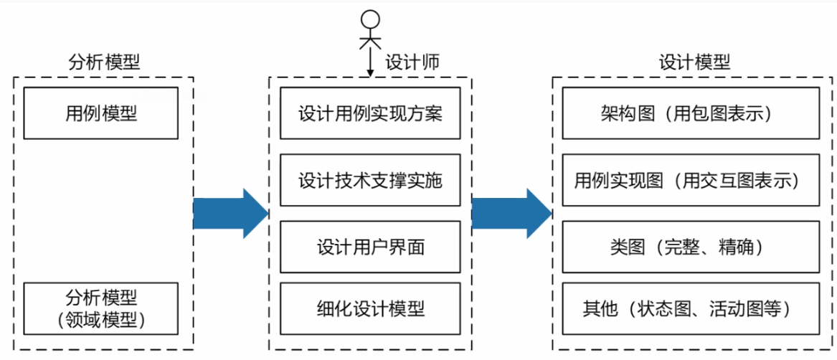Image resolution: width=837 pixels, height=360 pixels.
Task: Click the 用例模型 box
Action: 101,113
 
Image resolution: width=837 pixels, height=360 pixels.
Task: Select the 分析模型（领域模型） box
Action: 101,308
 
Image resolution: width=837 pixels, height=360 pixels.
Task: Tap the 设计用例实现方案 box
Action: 370,113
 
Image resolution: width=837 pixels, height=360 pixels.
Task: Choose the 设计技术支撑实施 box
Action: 370,180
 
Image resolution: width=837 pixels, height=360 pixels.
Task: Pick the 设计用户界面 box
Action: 370,247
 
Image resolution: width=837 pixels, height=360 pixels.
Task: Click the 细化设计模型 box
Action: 370,309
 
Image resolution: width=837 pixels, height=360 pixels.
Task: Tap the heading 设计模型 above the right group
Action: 694,62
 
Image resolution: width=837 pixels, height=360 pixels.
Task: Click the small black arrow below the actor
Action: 369,66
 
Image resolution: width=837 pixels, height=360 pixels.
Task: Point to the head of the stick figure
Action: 369,18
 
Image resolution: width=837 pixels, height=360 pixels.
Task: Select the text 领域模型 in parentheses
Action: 101,319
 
